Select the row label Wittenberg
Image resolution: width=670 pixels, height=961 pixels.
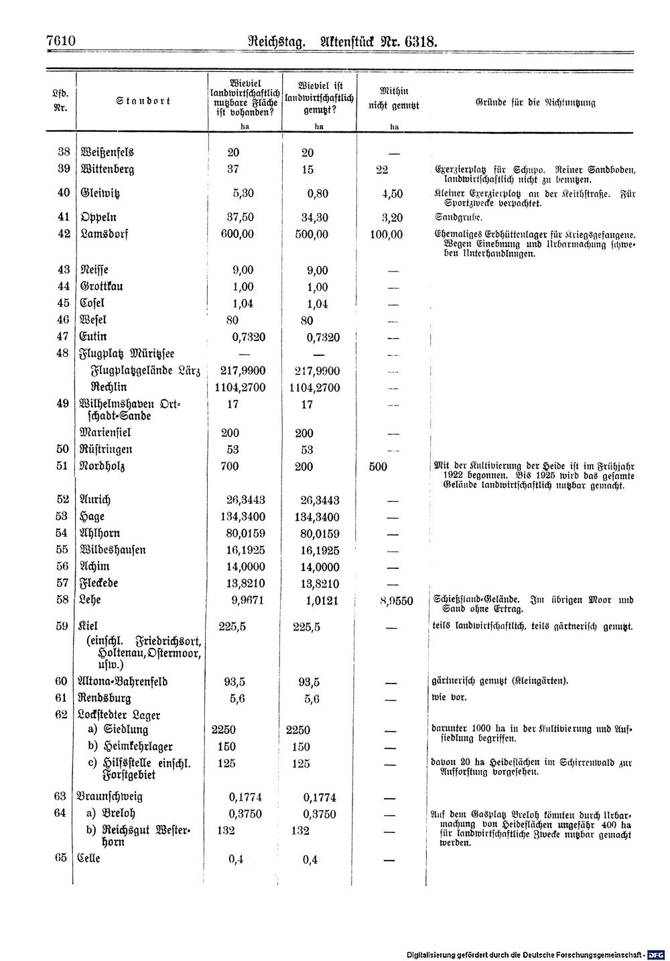pos(107,170)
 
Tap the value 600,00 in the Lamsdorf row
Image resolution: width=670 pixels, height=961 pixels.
pos(237,235)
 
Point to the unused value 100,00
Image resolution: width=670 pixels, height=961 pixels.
pos(387,235)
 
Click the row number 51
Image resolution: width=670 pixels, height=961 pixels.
pos(63,466)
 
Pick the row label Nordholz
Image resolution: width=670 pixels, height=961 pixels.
pos(102,466)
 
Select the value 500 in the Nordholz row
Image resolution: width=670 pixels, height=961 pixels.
pos(378,466)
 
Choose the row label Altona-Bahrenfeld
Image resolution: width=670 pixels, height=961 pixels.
pos(123,682)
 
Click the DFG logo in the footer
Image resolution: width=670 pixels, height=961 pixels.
pos(656,954)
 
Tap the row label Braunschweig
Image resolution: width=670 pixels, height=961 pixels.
pos(111,797)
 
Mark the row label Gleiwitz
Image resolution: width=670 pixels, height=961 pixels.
pos(100,193)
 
